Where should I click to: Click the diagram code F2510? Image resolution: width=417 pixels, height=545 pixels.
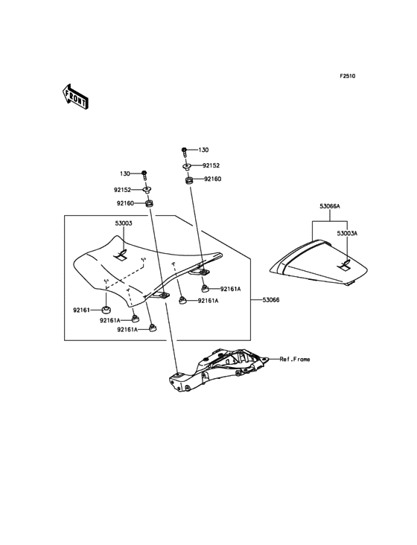[x=348, y=76]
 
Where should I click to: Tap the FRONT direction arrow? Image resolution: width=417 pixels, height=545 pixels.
[x=75, y=97]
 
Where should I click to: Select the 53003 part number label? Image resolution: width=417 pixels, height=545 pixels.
[x=124, y=223]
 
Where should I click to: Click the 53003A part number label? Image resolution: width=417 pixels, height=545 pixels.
[x=347, y=233]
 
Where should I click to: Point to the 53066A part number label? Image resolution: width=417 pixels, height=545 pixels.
[x=330, y=206]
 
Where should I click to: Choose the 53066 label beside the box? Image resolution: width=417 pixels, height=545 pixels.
[x=271, y=299]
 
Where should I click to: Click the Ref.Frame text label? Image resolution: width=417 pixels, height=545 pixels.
[x=295, y=359]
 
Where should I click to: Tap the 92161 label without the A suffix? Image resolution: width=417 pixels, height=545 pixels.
[x=81, y=310]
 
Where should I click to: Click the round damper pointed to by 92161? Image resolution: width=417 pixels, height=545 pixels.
[x=106, y=309]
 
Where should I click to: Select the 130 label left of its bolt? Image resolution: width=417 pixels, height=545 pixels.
[x=125, y=173]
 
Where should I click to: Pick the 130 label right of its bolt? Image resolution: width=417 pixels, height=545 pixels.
[x=203, y=150]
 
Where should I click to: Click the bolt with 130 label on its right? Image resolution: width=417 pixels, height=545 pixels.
[x=184, y=152]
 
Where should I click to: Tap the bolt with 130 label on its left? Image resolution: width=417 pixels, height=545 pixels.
[x=144, y=175]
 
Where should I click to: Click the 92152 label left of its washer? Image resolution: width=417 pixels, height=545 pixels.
[x=122, y=190]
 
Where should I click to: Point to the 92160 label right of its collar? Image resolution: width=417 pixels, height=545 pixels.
[x=213, y=179]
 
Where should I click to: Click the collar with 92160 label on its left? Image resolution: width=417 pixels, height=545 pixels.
[x=150, y=203]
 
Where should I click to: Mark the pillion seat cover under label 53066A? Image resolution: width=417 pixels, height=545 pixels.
[x=318, y=262]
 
